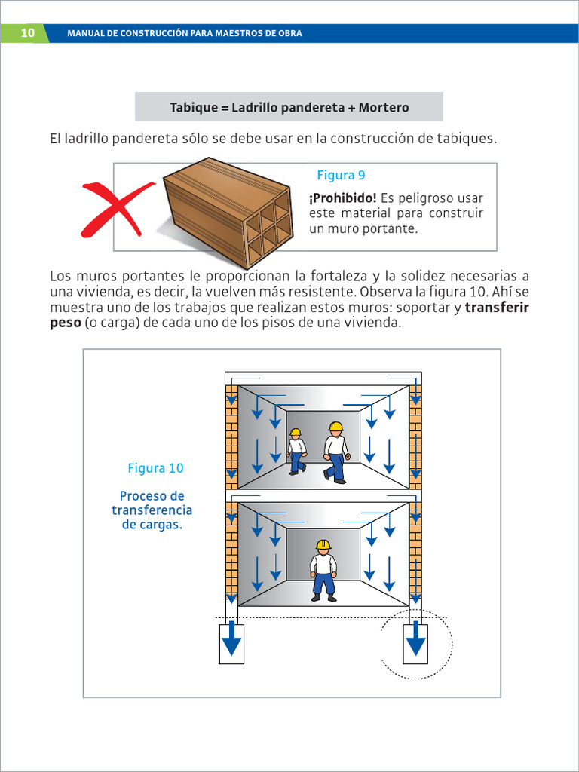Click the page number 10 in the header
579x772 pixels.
tap(27, 33)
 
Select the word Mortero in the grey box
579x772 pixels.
tap(384, 107)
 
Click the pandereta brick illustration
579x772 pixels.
tap(228, 211)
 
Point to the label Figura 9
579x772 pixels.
tap(341, 176)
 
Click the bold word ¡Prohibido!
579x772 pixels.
tap(342, 198)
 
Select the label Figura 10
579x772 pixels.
tap(155, 468)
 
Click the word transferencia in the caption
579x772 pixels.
tap(152, 510)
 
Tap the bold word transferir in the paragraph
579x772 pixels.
tap(497, 308)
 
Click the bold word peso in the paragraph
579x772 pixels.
tap(65, 323)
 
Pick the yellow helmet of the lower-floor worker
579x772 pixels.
tap(323, 544)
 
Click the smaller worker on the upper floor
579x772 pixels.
tap(296, 452)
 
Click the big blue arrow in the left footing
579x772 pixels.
tap(231, 640)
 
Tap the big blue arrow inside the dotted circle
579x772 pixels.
tap(415, 640)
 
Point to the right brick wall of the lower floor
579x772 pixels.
tap(415, 554)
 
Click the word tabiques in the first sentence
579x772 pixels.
tap(467, 139)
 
